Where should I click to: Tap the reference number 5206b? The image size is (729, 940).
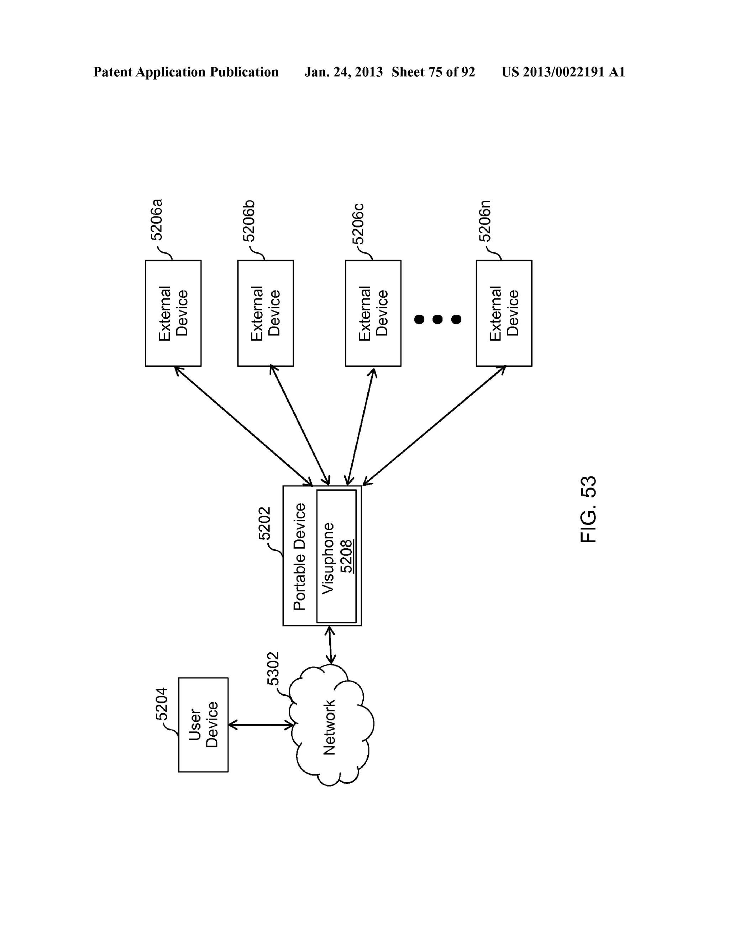[x=249, y=220]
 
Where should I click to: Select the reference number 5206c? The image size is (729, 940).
[x=358, y=223]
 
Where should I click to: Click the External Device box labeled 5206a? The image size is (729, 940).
[x=173, y=313]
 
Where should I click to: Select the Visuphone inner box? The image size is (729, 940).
[x=336, y=556]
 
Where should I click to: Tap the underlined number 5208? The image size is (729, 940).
[x=346, y=556]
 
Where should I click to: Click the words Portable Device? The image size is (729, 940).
[x=299, y=556]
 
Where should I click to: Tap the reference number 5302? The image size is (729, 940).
[x=273, y=668]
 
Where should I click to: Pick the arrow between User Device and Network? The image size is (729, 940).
[x=260, y=725]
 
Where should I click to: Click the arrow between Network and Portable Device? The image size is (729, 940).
[x=330, y=644]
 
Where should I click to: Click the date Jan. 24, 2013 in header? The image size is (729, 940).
[x=343, y=72]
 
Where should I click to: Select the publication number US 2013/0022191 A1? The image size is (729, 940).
[x=563, y=72]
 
